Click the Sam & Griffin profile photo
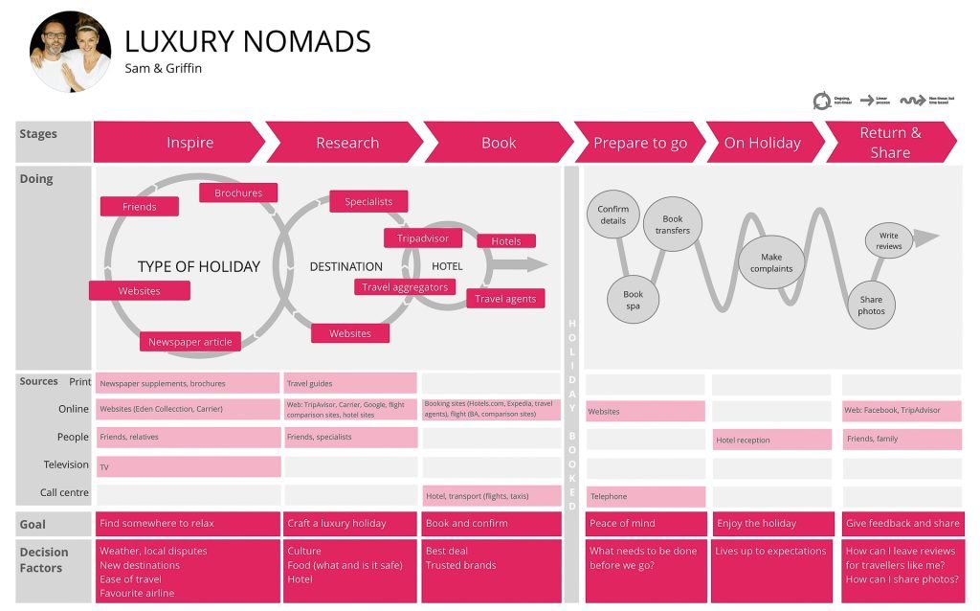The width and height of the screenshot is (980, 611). (70, 52)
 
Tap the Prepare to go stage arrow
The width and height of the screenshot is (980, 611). (639, 143)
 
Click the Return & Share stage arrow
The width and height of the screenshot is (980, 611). (889, 143)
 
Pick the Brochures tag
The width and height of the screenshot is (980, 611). (238, 192)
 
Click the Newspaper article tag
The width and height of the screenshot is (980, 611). (189, 341)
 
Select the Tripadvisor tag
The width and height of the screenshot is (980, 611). (422, 238)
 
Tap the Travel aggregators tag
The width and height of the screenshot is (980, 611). (405, 286)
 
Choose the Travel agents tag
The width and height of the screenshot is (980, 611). (505, 299)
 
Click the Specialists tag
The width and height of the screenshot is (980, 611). (368, 201)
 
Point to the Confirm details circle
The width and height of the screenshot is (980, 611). (613, 215)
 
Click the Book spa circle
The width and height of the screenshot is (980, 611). (633, 301)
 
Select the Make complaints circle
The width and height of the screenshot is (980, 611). (771, 262)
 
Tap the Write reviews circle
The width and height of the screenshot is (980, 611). (889, 240)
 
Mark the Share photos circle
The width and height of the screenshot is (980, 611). (871, 305)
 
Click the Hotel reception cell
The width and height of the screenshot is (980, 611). (771, 440)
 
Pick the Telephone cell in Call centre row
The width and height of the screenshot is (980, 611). (645, 497)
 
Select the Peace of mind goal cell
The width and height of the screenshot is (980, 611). (645, 524)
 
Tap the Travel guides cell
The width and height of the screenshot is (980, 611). (350, 384)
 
